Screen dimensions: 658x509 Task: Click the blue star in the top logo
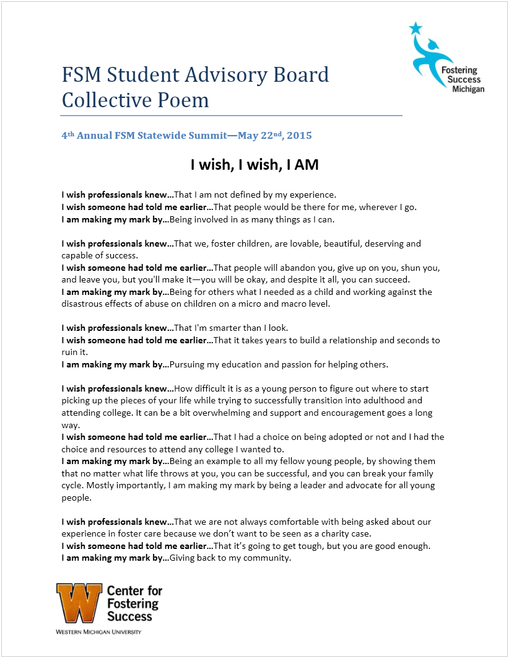414,29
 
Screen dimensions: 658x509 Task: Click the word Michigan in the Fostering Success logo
468,89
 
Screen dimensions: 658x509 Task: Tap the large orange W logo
79,603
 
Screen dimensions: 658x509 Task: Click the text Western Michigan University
98,632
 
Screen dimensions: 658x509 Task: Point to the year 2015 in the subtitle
299,135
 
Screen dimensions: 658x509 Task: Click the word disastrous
85,304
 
